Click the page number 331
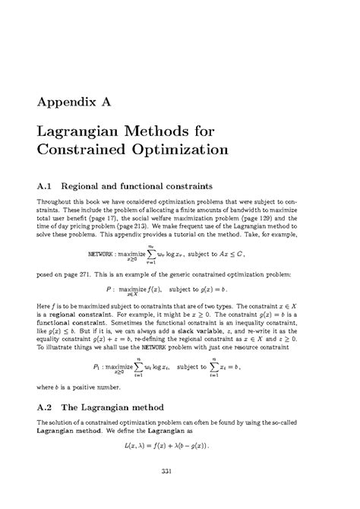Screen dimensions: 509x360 tap(179, 476)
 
